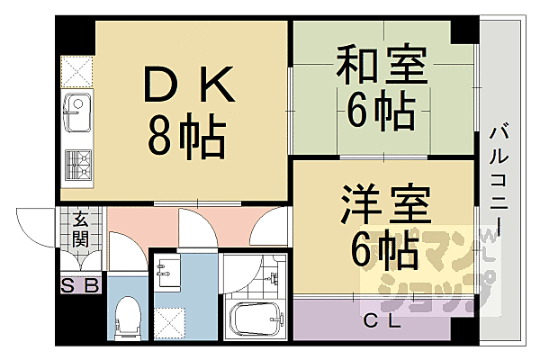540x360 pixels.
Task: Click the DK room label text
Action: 191,87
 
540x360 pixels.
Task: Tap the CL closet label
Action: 382,320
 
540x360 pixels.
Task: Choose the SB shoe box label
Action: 80,286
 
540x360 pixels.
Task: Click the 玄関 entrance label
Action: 80,229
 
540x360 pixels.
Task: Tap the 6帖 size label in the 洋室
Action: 382,251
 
